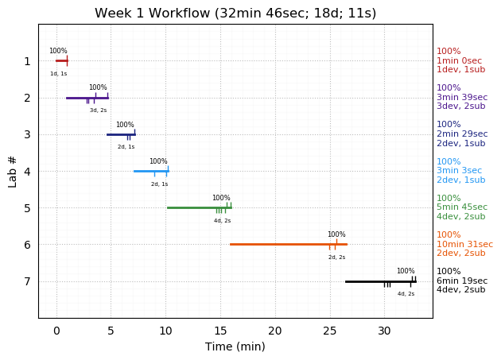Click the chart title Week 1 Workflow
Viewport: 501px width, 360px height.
click(x=235, y=14)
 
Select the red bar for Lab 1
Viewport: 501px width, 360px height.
click(x=61, y=60)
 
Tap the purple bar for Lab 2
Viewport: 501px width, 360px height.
click(x=87, y=98)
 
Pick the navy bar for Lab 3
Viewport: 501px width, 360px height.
click(x=121, y=134)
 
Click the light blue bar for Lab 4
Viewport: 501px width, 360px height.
click(x=151, y=171)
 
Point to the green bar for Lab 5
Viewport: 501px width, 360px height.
click(x=199, y=207)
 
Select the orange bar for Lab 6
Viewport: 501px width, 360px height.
click(x=288, y=244)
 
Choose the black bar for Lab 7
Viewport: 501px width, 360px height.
click(x=380, y=281)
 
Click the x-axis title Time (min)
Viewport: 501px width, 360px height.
click(x=235, y=346)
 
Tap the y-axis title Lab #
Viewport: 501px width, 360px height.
click(x=13, y=171)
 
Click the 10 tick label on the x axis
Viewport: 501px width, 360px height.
click(x=165, y=330)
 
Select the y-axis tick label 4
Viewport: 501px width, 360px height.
click(x=27, y=171)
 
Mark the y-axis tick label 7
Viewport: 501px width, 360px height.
click(x=27, y=281)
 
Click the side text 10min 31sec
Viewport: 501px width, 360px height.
click(x=464, y=244)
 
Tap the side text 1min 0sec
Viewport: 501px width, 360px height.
click(x=459, y=60)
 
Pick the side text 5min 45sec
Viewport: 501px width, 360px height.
click(x=462, y=207)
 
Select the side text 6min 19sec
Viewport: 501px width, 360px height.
click(x=462, y=281)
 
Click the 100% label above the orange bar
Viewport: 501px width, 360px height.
click(x=336, y=234)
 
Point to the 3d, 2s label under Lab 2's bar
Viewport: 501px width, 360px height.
click(x=98, y=110)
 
